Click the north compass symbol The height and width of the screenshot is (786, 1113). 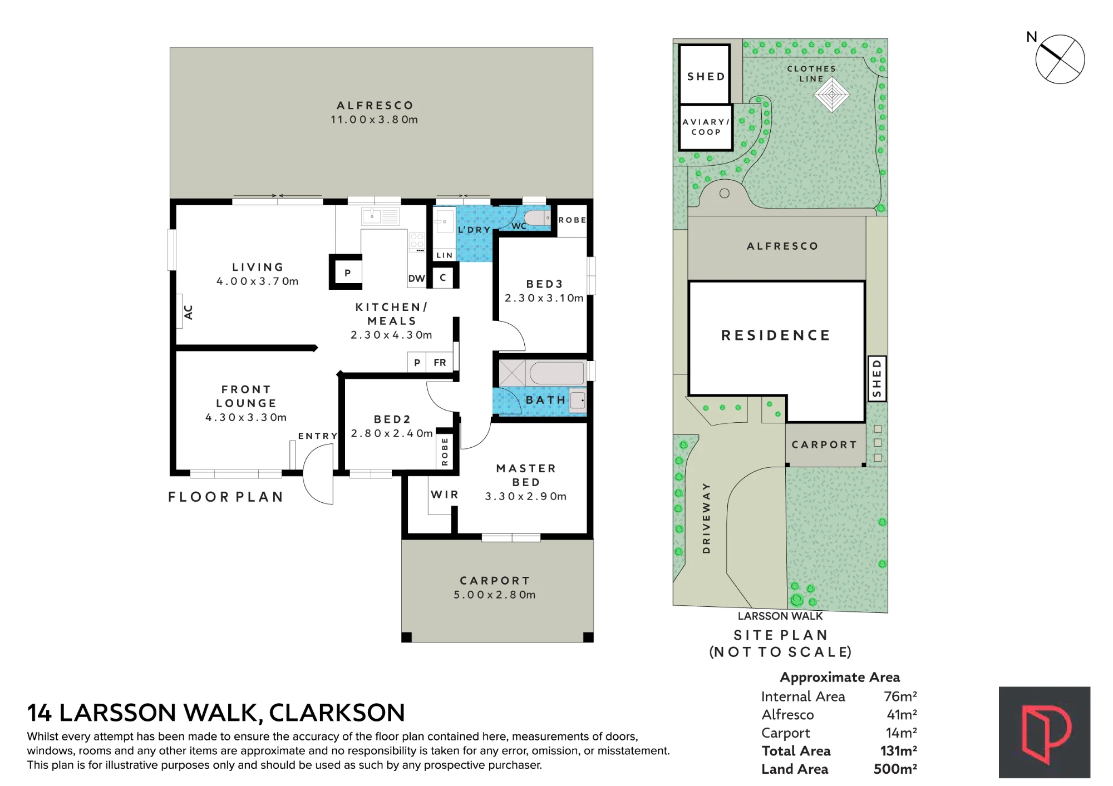pos(1060,59)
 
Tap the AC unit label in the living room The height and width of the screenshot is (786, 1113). pos(188,312)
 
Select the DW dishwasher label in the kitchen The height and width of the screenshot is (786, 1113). pos(416,279)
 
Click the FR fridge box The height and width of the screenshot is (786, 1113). pos(440,362)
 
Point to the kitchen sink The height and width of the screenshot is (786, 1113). pos(381,216)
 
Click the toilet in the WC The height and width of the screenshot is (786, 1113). pos(537,218)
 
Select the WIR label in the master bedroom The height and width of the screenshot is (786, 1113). pos(445,495)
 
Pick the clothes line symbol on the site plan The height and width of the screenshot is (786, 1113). pos(831,95)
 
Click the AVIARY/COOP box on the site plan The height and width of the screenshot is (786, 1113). pos(706,127)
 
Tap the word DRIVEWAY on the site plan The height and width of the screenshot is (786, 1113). pos(706,518)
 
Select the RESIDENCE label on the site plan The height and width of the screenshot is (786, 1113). pos(776,335)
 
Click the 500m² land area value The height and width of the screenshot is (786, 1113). pos(895,769)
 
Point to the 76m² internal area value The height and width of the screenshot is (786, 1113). pos(900,696)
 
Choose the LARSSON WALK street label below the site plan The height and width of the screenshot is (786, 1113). pos(780,616)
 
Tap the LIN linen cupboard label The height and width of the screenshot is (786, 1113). pos(445,255)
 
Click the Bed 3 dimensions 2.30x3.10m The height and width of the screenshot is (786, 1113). pos(544,298)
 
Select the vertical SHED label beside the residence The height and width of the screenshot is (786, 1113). pos(877,379)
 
